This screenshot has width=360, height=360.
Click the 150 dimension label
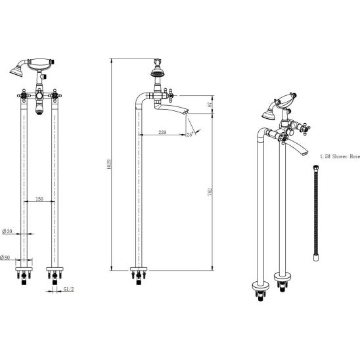[x=39, y=199]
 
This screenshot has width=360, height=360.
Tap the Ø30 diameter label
[x=7, y=231]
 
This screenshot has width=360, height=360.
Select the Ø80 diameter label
[x=5, y=258]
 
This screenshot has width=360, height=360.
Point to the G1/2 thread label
[x=68, y=289]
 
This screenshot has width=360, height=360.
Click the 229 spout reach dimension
[x=162, y=132]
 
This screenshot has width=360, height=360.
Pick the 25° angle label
[x=190, y=135]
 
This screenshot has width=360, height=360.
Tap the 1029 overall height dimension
[x=109, y=164]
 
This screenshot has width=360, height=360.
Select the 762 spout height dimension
[x=210, y=192]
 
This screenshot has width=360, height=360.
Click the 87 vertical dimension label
[x=210, y=104]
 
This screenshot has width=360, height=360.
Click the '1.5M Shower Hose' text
[x=340, y=156]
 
